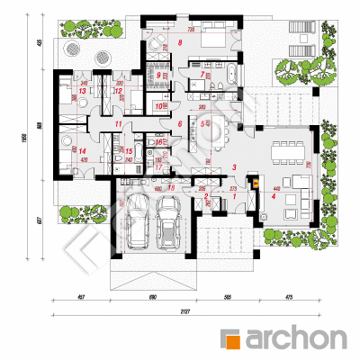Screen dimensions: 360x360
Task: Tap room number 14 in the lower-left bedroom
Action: coord(81,150)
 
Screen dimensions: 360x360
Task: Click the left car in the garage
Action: coord(138,220)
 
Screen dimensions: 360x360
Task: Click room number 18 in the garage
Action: coord(171,187)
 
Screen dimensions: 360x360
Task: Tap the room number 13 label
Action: coord(81,91)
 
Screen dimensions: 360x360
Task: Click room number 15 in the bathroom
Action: coord(129,152)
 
